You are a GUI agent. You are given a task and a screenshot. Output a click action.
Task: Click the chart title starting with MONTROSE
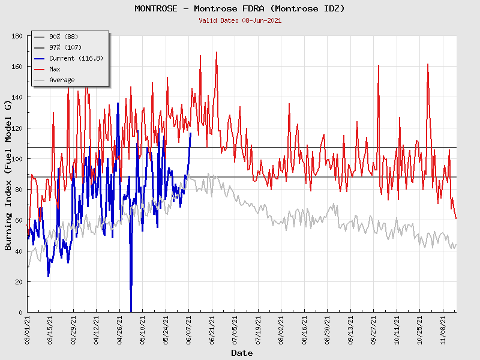tap(239, 8)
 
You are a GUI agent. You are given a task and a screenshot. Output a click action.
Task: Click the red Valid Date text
tap(239, 20)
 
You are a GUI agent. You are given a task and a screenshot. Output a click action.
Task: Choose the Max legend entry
tap(55, 69)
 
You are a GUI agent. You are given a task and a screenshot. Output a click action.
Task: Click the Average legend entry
tap(62, 80)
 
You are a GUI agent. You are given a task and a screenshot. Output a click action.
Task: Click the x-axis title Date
tap(242, 353)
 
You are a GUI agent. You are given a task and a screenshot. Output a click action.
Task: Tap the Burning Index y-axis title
tap(8, 175)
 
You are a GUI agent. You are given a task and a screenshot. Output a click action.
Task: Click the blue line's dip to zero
tap(131, 310)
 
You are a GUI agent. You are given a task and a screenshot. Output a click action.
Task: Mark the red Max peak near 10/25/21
tap(428, 64)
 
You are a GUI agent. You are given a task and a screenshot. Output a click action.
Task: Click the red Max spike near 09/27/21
tap(379, 65)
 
